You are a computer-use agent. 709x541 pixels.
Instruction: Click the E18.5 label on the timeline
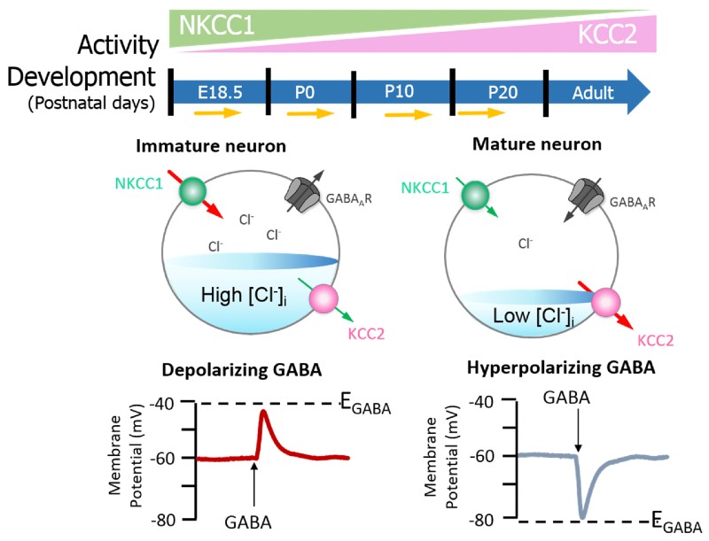coord(220,93)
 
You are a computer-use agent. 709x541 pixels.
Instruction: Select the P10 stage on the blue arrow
coord(399,91)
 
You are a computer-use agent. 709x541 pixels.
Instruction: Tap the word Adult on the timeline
coord(593,93)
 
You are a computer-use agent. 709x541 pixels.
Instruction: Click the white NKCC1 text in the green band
coord(216,26)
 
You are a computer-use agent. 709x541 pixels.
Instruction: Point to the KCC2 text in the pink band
coord(607,34)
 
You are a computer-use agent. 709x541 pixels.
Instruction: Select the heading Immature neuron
coord(211,146)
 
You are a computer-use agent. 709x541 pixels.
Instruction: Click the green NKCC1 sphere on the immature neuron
coord(192,191)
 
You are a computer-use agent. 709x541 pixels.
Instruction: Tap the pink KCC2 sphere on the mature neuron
coord(606,302)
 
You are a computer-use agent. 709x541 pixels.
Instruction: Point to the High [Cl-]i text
coord(244,296)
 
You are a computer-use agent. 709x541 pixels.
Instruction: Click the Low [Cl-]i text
coord(534,317)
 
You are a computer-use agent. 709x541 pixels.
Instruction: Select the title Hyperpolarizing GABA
coord(561,367)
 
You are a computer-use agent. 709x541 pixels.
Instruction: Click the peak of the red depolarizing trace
coord(263,412)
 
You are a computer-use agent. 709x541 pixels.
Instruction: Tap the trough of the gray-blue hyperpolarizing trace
coord(582,516)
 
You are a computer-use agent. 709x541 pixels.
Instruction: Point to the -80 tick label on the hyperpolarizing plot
coord(481,521)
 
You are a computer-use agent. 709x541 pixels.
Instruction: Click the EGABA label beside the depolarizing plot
coord(365,403)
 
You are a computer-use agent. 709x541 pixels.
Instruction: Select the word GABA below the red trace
coord(248,522)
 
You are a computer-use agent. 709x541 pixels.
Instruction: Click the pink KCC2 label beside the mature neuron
coord(655,340)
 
